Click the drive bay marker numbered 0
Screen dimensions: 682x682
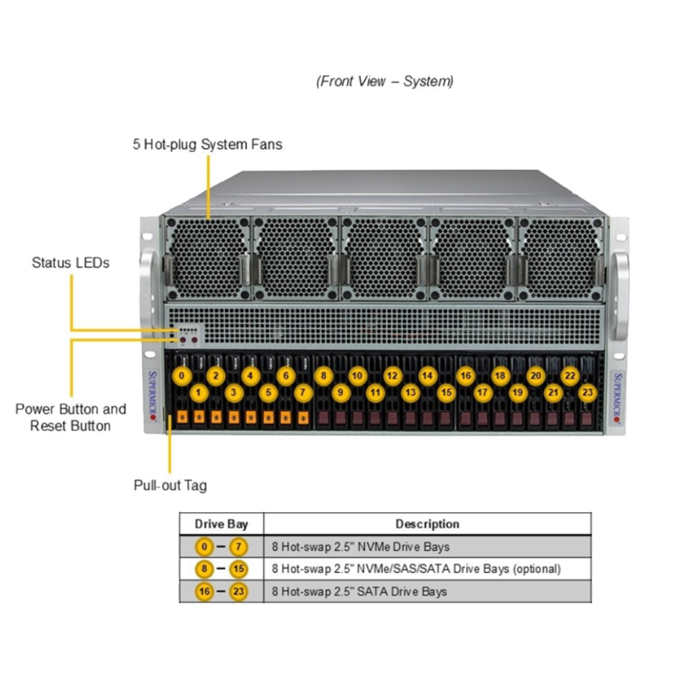click(x=181, y=375)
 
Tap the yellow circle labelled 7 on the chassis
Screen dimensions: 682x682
click(x=303, y=392)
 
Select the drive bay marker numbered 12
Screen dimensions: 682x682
click(x=391, y=375)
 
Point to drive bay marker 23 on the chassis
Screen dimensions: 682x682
click(x=587, y=392)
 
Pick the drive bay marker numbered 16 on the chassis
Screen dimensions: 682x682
click(x=465, y=375)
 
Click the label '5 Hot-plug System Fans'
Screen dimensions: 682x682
click(x=207, y=145)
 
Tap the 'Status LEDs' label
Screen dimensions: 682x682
click(x=70, y=263)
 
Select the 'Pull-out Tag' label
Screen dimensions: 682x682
click(x=170, y=486)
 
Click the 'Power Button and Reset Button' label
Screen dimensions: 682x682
click(x=71, y=417)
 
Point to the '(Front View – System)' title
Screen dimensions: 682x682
click(x=385, y=81)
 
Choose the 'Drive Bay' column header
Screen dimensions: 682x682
click(x=221, y=524)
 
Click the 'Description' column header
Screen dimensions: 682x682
click(x=427, y=524)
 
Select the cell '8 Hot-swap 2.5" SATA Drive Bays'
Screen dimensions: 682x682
click(x=359, y=591)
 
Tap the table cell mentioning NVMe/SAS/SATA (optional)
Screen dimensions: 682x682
click(x=416, y=569)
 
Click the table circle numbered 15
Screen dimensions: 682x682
click(x=238, y=569)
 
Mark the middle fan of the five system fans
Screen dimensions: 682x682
click(x=384, y=258)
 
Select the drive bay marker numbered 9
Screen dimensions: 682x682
click(x=340, y=392)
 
